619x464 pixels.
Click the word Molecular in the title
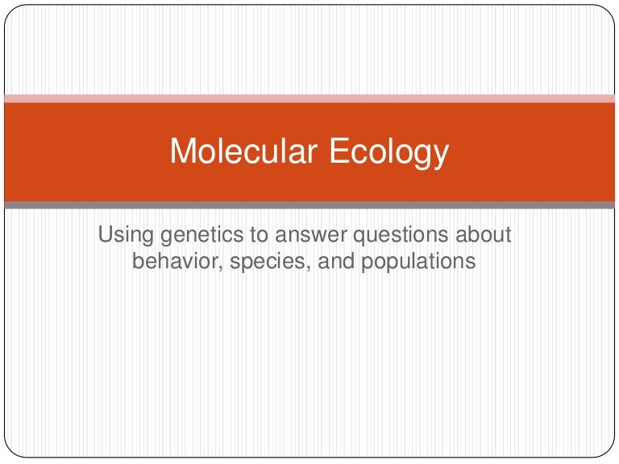pyautogui.click(x=243, y=151)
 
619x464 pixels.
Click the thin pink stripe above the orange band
pyautogui.click(x=309, y=98)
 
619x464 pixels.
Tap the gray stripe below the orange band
pyautogui.click(x=309, y=205)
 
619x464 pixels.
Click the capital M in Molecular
pyautogui.click(x=182, y=151)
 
